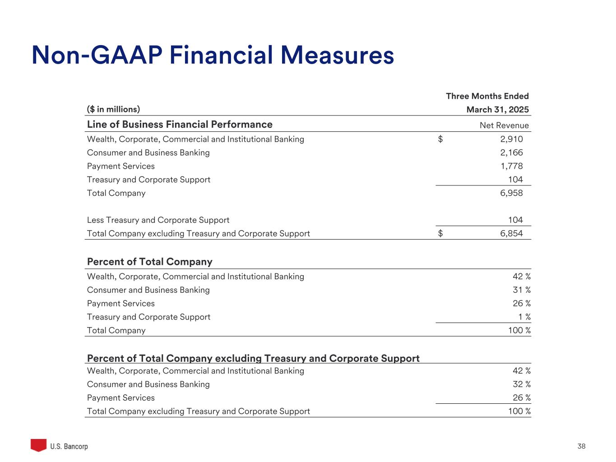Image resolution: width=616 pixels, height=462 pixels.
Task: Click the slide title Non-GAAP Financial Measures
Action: (x=213, y=55)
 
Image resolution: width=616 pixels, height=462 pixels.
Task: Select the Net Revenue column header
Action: (x=504, y=125)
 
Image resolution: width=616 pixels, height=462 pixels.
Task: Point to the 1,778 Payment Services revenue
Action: (x=511, y=166)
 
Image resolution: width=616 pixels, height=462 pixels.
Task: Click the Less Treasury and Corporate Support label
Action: (x=158, y=220)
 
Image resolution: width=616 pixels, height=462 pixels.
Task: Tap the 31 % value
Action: (x=521, y=290)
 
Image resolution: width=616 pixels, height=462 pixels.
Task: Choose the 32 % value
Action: (x=521, y=384)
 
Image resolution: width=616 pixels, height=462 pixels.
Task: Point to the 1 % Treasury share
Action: (x=524, y=317)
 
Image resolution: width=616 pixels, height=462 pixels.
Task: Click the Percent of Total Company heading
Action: (x=149, y=262)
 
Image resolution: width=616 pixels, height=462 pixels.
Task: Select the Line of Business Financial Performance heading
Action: (x=180, y=125)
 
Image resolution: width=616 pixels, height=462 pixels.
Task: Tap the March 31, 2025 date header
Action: (x=497, y=110)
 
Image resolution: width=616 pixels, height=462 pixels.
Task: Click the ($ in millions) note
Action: (x=113, y=109)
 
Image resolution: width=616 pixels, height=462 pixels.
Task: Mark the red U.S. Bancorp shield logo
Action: (x=38, y=445)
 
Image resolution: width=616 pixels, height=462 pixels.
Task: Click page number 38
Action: (x=581, y=447)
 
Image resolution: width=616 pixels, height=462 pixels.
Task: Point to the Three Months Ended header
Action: (x=487, y=96)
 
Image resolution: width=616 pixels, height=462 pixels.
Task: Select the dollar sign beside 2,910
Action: (x=440, y=139)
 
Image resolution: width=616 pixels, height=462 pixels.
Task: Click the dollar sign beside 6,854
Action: (x=440, y=234)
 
